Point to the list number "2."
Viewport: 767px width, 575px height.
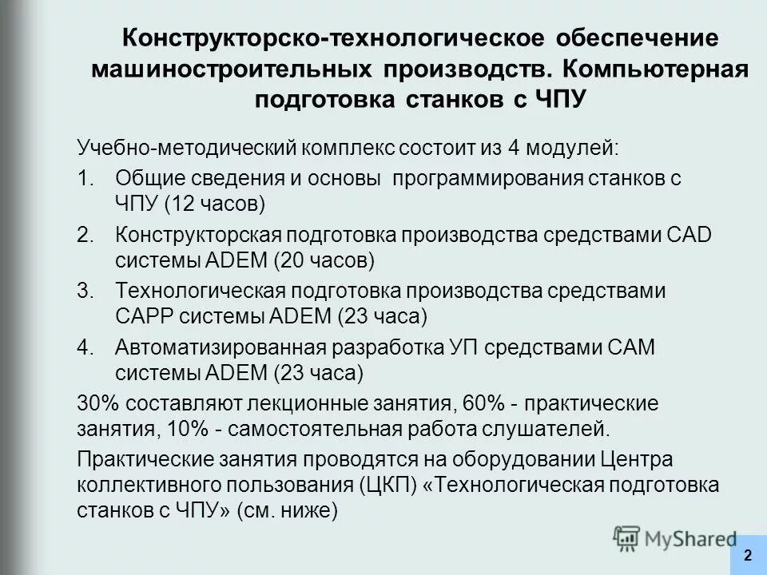pos(85,235)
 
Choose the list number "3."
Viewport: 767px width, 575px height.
pos(85,291)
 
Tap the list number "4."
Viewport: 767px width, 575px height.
pos(85,347)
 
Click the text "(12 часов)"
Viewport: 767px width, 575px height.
pos(213,204)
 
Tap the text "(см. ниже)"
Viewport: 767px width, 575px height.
pos(288,511)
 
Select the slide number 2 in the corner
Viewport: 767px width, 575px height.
pos(747,555)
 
